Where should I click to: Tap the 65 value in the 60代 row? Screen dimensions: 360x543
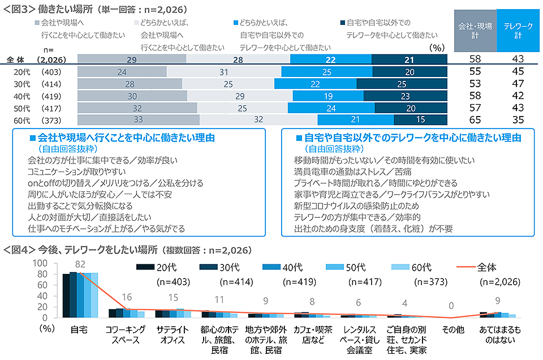tap(476, 119)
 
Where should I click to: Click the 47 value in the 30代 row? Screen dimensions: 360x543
tap(516, 84)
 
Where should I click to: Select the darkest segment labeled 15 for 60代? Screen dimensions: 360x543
tap(420, 119)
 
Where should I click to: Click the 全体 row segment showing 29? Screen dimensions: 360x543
tap(132, 59)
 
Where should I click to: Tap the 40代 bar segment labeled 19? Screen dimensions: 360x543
tap(329, 96)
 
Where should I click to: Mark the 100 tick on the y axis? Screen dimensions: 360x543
tap(41, 263)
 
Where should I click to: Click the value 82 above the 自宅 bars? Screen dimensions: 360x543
tap(80, 264)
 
